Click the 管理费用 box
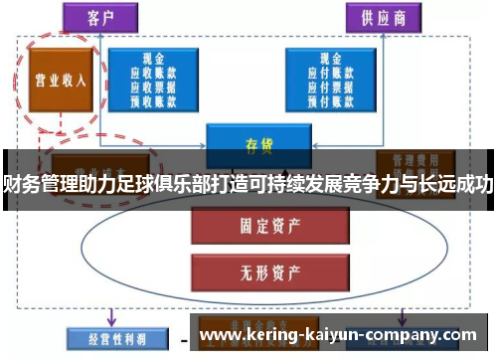[x=415, y=159]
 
